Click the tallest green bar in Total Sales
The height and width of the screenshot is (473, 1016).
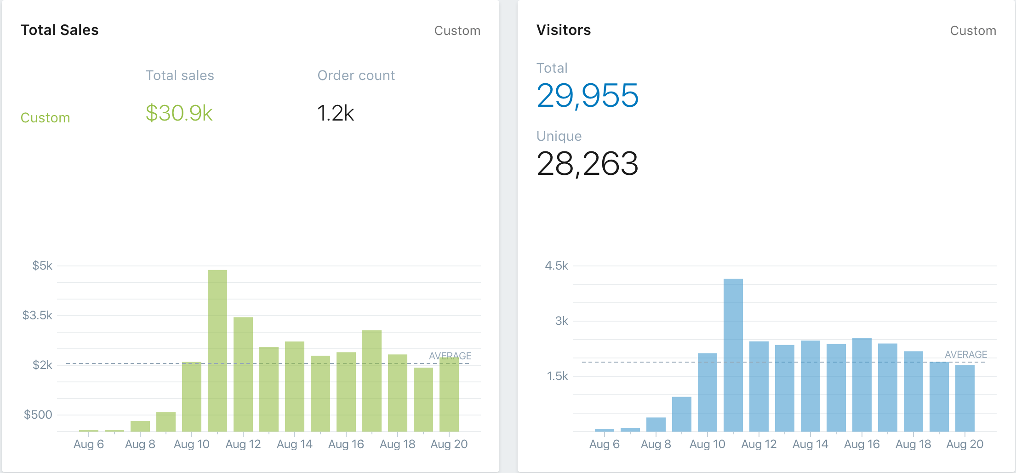click(x=217, y=350)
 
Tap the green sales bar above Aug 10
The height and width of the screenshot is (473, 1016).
click(x=191, y=396)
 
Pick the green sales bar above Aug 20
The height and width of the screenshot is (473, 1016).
click(x=449, y=394)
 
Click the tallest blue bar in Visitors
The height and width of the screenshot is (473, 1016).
click(x=733, y=354)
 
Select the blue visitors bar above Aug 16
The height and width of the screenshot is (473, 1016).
click(x=862, y=384)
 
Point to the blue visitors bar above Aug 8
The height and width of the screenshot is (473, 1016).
click(x=656, y=424)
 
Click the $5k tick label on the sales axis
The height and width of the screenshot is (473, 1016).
click(x=42, y=266)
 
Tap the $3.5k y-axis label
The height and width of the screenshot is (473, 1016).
click(x=37, y=316)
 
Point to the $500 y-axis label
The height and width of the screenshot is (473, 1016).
click(x=38, y=415)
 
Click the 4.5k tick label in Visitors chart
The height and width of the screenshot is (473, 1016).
click(x=556, y=266)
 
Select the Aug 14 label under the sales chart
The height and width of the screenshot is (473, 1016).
click(x=294, y=444)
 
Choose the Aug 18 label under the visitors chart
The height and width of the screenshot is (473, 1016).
click(x=913, y=444)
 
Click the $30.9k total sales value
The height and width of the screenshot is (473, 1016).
click(x=179, y=113)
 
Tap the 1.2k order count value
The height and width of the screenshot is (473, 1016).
click(x=336, y=113)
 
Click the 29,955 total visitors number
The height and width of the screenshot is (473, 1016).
click(x=588, y=96)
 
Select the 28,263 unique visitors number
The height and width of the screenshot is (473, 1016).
click(x=588, y=164)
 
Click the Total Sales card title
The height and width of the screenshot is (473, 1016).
click(x=60, y=30)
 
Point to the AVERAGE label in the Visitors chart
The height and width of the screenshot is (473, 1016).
click(x=966, y=355)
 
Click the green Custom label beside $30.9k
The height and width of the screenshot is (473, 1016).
click(x=46, y=118)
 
